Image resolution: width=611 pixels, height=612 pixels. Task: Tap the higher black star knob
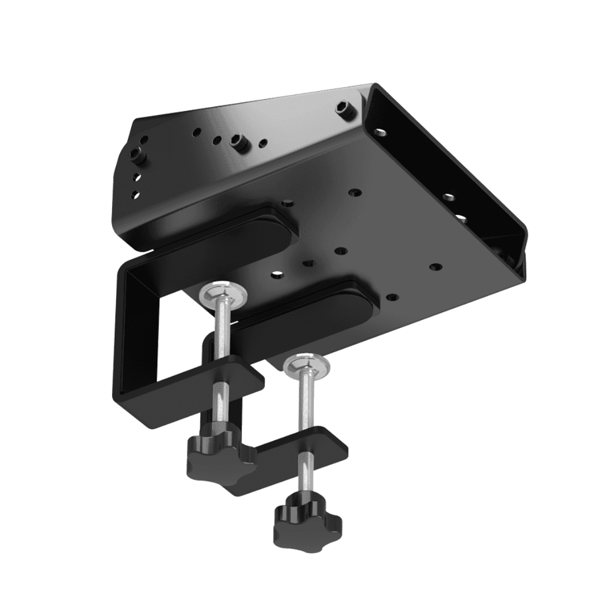[x=217, y=454]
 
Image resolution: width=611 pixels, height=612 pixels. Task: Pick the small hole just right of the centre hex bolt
[x=263, y=142]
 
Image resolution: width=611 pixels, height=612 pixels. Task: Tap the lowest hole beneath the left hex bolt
[x=135, y=195]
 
